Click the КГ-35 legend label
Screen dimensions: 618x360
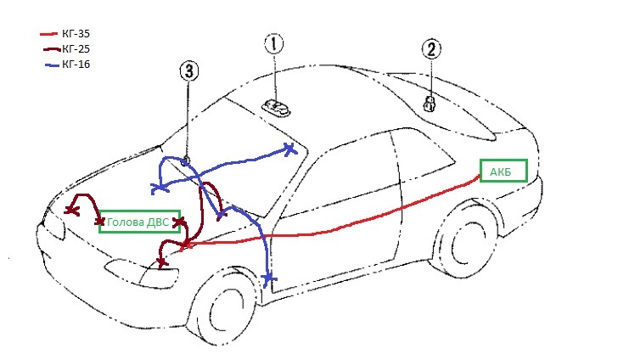76,33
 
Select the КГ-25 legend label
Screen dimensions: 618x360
76,49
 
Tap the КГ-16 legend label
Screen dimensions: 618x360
76,64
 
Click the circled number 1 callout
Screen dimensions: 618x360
274,43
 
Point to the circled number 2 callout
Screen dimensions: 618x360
431,49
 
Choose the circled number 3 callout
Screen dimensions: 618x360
189,71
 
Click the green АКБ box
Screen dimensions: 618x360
503,171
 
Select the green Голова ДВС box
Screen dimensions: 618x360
139,222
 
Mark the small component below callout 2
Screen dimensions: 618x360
429,104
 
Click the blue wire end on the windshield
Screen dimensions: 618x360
290,149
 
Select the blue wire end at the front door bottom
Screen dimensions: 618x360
268,280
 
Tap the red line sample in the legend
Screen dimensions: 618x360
49,34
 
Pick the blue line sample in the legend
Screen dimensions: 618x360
53,65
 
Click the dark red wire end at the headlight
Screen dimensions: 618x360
161,263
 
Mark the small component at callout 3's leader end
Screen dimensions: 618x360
186,160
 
